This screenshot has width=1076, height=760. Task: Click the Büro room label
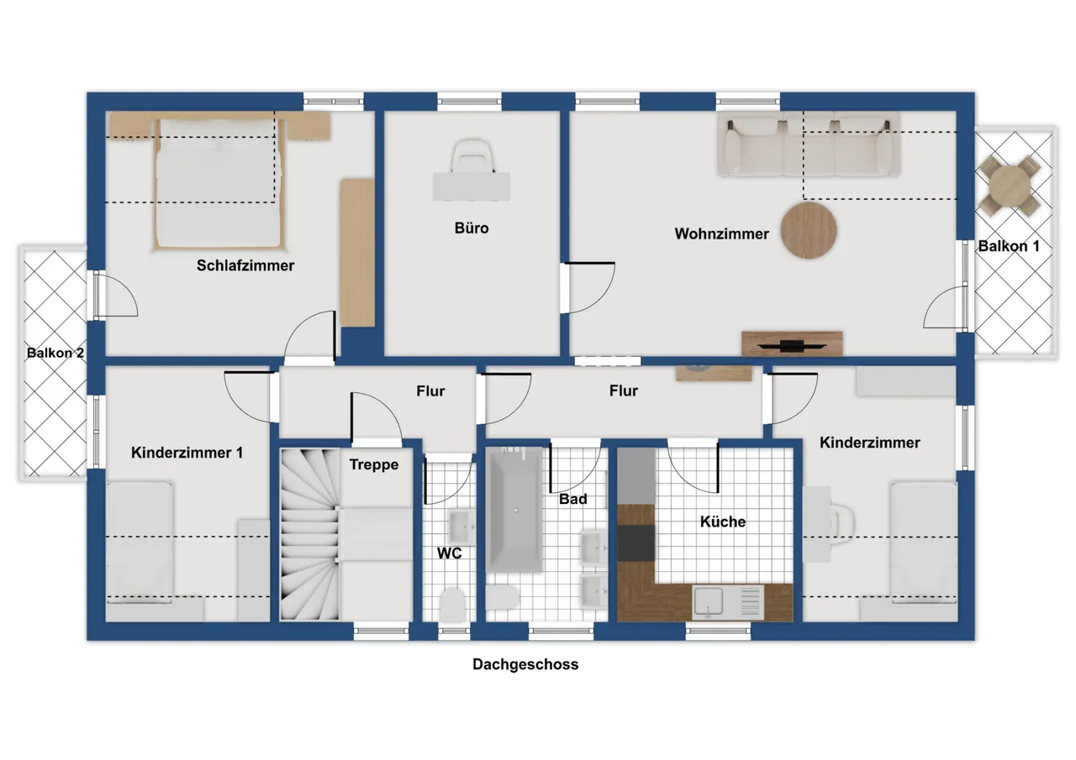pyautogui.click(x=472, y=228)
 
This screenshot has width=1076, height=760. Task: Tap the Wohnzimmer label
pyautogui.click(x=721, y=233)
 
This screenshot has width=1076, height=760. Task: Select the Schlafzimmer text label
pyautogui.click(x=245, y=265)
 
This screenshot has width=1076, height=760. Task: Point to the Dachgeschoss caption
pyautogui.click(x=525, y=664)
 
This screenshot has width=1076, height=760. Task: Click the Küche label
pyautogui.click(x=722, y=522)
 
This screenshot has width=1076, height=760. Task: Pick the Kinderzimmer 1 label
pyautogui.click(x=187, y=453)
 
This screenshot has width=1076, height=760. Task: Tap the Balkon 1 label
pyautogui.click(x=1009, y=246)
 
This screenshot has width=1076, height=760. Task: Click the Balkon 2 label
pyautogui.click(x=55, y=354)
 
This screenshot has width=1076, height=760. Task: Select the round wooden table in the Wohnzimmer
pyautogui.click(x=809, y=230)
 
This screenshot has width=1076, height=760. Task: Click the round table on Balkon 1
pyautogui.click(x=1010, y=186)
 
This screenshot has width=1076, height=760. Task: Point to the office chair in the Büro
pyautogui.click(x=472, y=156)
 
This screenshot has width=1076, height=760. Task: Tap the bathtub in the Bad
pyautogui.click(x=515, y=510)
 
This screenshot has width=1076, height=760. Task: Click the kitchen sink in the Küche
pyautogui.click(x=709, y=601)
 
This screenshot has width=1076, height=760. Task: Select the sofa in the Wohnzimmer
pyautogui.click(x=809, y=144)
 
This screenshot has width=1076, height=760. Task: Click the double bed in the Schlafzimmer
pyautogui.click(x=219, y=184)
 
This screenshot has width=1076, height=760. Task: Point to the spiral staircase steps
pyautogui.click(x=310, y=534)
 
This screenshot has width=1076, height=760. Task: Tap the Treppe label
pyautogui.click(x=374, y=465)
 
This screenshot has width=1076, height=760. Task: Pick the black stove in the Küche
pyautogui.click(x=636, y=542)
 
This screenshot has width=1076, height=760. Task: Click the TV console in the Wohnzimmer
pyautogui.click(x=792, y=343)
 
